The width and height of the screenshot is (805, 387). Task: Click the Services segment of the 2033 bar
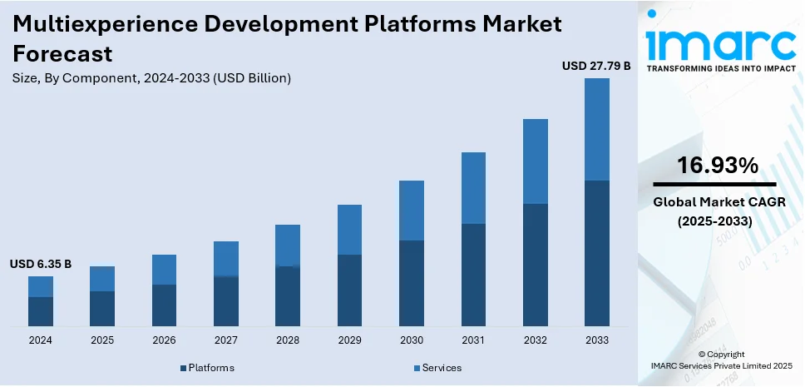[596, 129]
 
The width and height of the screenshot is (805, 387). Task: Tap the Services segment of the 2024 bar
[41, 286]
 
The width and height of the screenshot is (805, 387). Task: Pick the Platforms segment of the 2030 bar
[411, 283]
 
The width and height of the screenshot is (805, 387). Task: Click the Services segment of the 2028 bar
[288, 246]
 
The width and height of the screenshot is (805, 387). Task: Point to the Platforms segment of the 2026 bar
[164, 305]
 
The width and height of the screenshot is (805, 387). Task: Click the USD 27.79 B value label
[596, 65]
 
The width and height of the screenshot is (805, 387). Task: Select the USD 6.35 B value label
[41, 264]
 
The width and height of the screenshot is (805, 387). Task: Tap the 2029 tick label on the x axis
[349, 340]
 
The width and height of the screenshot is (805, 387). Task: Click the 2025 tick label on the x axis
[102, 340]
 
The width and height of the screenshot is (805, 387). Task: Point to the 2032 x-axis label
[535, 340]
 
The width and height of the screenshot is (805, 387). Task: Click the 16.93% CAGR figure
[717, 166]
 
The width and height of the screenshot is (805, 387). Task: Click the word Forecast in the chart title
[63, 53]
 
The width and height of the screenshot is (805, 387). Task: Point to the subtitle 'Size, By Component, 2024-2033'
[151, 78]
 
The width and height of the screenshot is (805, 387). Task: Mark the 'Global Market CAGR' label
[717, 202]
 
